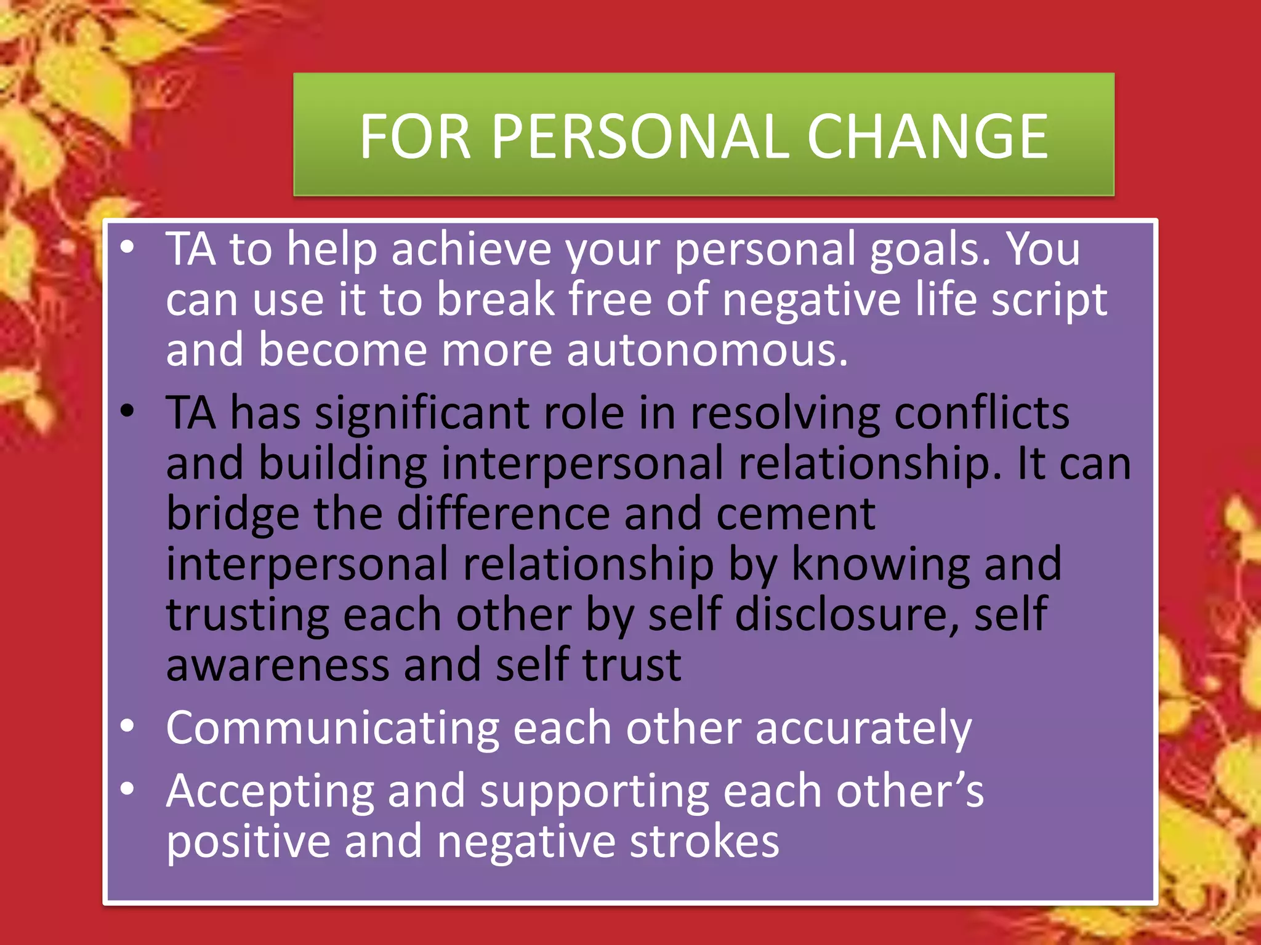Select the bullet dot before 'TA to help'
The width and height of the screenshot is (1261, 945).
[x=127, y=247]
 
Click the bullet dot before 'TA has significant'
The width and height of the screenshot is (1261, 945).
[x=127, y=411]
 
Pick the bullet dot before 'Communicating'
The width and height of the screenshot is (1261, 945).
[x=127, y=726]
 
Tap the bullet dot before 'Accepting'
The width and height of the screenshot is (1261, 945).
[x=127, y=789]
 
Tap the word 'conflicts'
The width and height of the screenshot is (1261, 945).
[x=981, y=413]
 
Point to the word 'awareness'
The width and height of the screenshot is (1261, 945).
[x=278, y=666]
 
